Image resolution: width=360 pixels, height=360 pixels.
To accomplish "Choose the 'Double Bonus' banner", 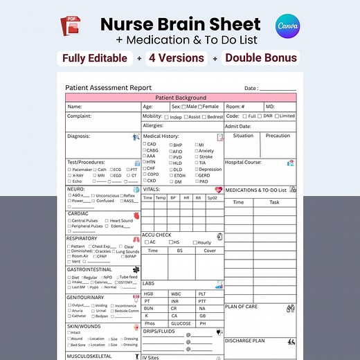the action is pyautogui.click(x=261, y=58).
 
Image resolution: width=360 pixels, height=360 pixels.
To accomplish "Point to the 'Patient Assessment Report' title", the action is pyautogui.click(x=109, y=88).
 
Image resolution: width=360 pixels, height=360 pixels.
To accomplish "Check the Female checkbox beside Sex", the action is pyautogui.click(x=200, y=107).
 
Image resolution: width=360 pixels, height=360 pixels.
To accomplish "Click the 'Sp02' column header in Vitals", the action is pyautogui.click(x=213, y=198).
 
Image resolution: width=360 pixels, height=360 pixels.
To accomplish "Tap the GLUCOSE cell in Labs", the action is pyautogui.click(x=181, y=323).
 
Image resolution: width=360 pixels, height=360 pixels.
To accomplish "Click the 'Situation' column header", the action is pyautogui.click(x=243, y=136).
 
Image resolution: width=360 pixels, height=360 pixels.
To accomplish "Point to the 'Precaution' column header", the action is pyautogui.click(x=278, y=136).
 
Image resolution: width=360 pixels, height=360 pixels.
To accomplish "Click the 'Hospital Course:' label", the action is pyautogui.click(x=243, y=162).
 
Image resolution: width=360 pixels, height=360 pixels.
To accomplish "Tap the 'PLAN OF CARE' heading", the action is pyautogui.click(x=242, y=306).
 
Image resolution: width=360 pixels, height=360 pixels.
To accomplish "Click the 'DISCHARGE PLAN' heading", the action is pyautogui.click(x=246, y=341).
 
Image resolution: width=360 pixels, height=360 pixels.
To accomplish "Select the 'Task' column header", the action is pyautogui.click(x=275, y=202).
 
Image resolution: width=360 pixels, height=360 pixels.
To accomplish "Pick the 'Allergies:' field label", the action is pyautogui.click(x=154, y=126).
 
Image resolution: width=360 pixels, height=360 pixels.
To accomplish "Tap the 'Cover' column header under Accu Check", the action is pyautogui.click(x=209, y=251).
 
